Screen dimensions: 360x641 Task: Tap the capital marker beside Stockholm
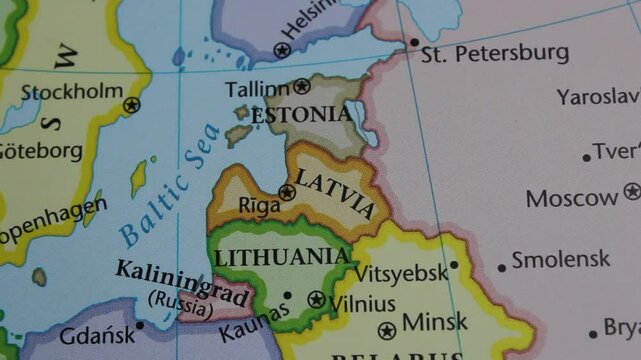(x=132, y=104)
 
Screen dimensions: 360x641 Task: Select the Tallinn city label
(x=257, y=89)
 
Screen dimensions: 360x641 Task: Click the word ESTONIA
(x=301, y=115)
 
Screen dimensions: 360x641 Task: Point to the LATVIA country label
(x=336, y=194)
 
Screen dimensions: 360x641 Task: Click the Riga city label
(x=259, y=205)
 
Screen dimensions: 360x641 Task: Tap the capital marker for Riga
(x=287, y=192)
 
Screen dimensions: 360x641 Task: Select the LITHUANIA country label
(x=282, y=257)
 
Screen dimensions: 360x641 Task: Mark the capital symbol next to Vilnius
(x=317, y=299)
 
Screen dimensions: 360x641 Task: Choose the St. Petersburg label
(x=495, y=53)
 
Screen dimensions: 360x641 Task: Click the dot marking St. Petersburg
(x=414, y=43)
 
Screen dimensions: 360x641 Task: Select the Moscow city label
(x=572, y=198)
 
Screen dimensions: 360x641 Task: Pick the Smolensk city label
(x=560, y=260)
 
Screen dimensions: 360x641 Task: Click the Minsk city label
(x=434, y=323)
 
